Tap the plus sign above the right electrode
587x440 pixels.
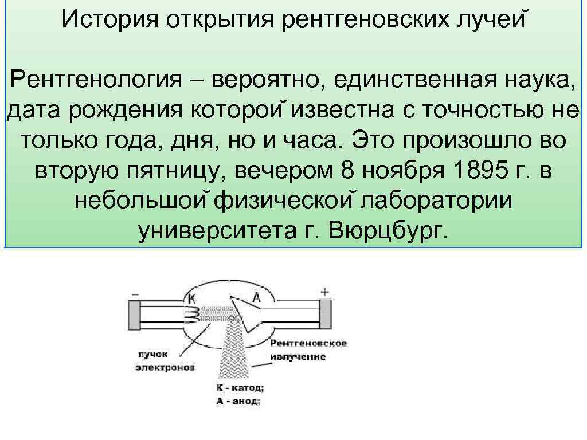324,292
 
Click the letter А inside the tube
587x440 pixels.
256,297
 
